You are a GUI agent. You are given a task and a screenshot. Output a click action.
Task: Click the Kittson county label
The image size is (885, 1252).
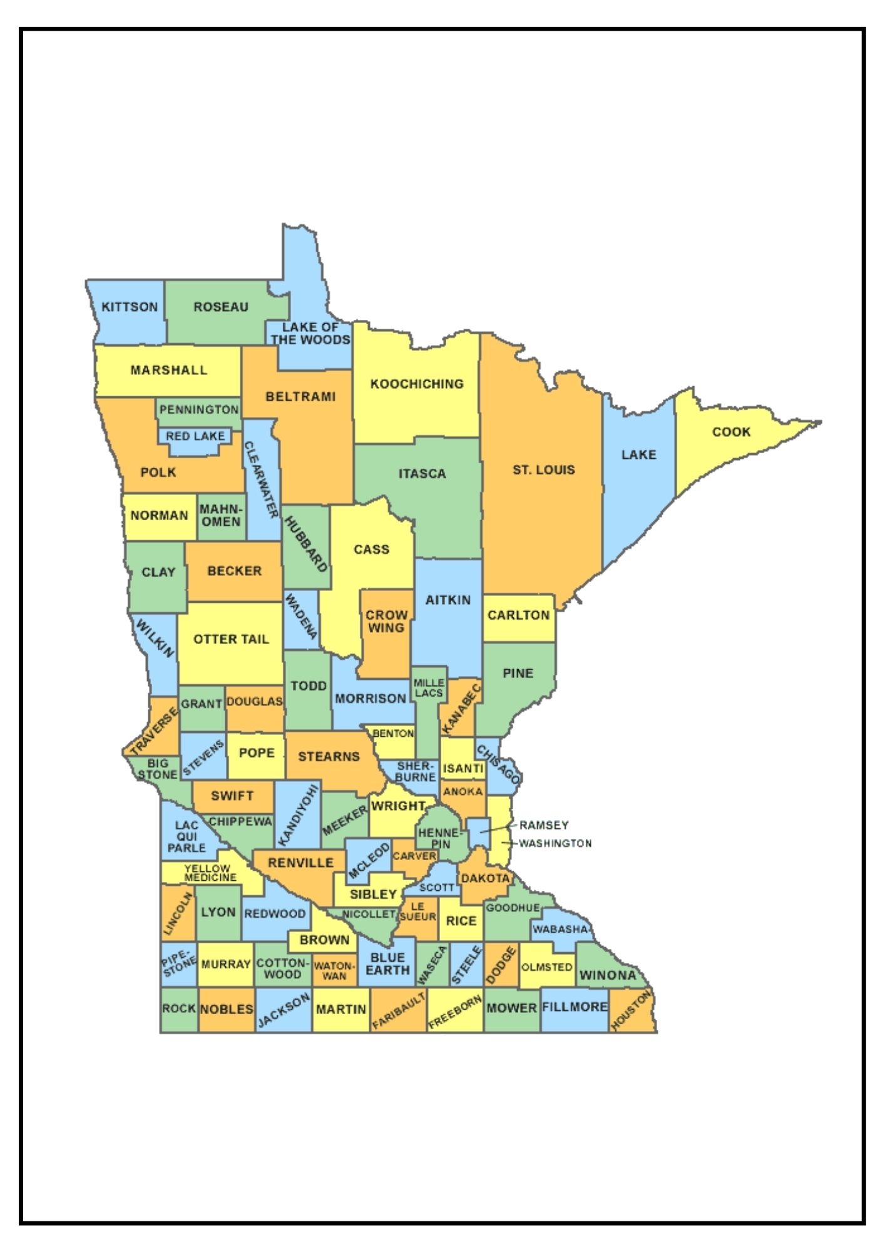coord(130,307)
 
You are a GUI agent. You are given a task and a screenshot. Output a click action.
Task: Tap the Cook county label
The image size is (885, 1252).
coord(731,432)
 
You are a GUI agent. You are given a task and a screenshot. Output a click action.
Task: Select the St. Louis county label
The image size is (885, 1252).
coord(543,469)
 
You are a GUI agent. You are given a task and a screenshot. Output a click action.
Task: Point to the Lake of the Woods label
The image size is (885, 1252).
coord(310,334)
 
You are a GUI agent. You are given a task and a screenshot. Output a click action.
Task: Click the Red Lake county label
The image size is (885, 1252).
coord(195,436)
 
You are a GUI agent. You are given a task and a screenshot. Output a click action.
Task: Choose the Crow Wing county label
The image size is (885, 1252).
coord(386,621)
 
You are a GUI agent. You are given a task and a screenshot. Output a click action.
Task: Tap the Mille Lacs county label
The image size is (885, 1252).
coord(429,687)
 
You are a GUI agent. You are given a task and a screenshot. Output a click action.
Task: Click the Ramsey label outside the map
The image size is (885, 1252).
coord(543,826)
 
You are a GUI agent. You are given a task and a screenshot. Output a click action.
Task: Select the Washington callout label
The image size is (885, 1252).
coord(555,843)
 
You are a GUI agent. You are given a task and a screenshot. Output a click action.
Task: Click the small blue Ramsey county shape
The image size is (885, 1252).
coord(479,834)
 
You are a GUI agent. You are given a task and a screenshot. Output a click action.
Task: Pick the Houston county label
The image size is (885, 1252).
coord(632,1010)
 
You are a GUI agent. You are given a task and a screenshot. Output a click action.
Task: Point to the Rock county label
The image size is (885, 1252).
coord(179,1008)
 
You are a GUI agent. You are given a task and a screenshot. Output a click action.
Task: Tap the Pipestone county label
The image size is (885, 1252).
coord(178,964)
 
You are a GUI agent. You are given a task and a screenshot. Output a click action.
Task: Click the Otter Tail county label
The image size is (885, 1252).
coord(231,639)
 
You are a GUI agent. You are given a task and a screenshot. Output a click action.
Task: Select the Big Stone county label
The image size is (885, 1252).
coord(158,769)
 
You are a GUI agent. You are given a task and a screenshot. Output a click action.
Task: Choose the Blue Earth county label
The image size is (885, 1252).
coord(387,963)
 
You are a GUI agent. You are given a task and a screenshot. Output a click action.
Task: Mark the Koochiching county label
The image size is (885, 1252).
coord(417,384)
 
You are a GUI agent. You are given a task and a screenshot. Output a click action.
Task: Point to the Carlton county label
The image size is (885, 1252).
coord(518,615)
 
